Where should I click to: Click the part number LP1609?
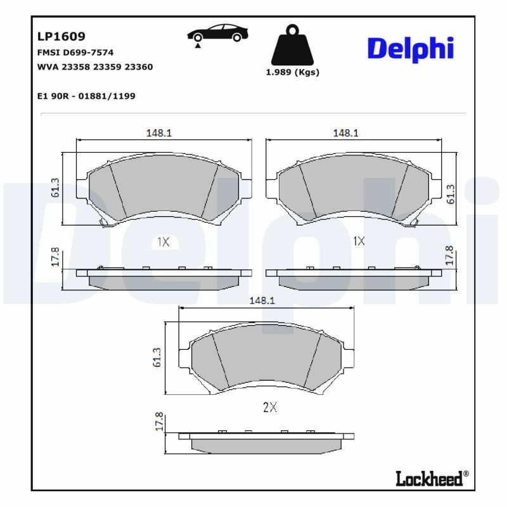click(61, 37)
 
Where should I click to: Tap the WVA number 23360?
click(139, 67)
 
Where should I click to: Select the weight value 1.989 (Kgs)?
click(292, 72)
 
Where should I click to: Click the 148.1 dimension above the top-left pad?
click(160, 133)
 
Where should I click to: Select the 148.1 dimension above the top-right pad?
click(346, 133)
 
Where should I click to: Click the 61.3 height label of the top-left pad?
click(55, 188)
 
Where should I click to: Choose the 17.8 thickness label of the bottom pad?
click(159, 422)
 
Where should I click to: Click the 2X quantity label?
click(269, 408)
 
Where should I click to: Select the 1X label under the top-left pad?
click(162, 241)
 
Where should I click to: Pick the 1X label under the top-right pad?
click(359, 241)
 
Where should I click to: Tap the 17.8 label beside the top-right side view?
click(451, 255)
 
